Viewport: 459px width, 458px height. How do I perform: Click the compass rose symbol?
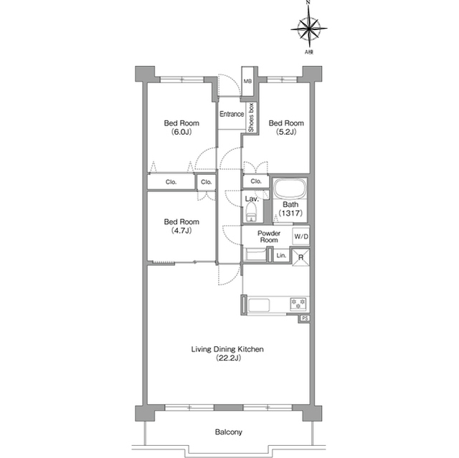click(309, 29)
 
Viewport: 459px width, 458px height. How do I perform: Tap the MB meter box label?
click(247, 81)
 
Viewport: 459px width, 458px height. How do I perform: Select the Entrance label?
click(232, 114)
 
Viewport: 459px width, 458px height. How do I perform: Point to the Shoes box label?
click(251, 118)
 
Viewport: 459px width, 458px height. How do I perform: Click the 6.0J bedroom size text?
click(181, 132)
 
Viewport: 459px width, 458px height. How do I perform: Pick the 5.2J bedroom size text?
click(286, 132)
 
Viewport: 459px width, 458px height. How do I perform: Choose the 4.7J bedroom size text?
click(181, 231)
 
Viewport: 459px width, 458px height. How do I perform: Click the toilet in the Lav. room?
click(251, 212)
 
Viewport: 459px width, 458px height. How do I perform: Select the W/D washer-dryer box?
click(301, 237)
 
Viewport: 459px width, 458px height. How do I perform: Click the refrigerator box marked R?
click(301, 257)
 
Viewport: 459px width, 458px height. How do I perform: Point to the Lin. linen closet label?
click(281, 256)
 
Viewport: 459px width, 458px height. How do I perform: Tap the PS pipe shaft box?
click(305, 318)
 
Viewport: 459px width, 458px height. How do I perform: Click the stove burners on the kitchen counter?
click(298, 304)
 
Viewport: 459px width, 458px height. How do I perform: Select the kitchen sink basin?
click(259, 305)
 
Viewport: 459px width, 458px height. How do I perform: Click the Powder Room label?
click(269, 237)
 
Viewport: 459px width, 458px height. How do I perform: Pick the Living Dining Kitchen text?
click(227, 349)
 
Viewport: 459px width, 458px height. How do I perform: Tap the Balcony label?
click(228, 431)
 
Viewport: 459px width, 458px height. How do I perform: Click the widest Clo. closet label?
click(171, 182)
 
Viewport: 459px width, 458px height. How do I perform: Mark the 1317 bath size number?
click(290, 213)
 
